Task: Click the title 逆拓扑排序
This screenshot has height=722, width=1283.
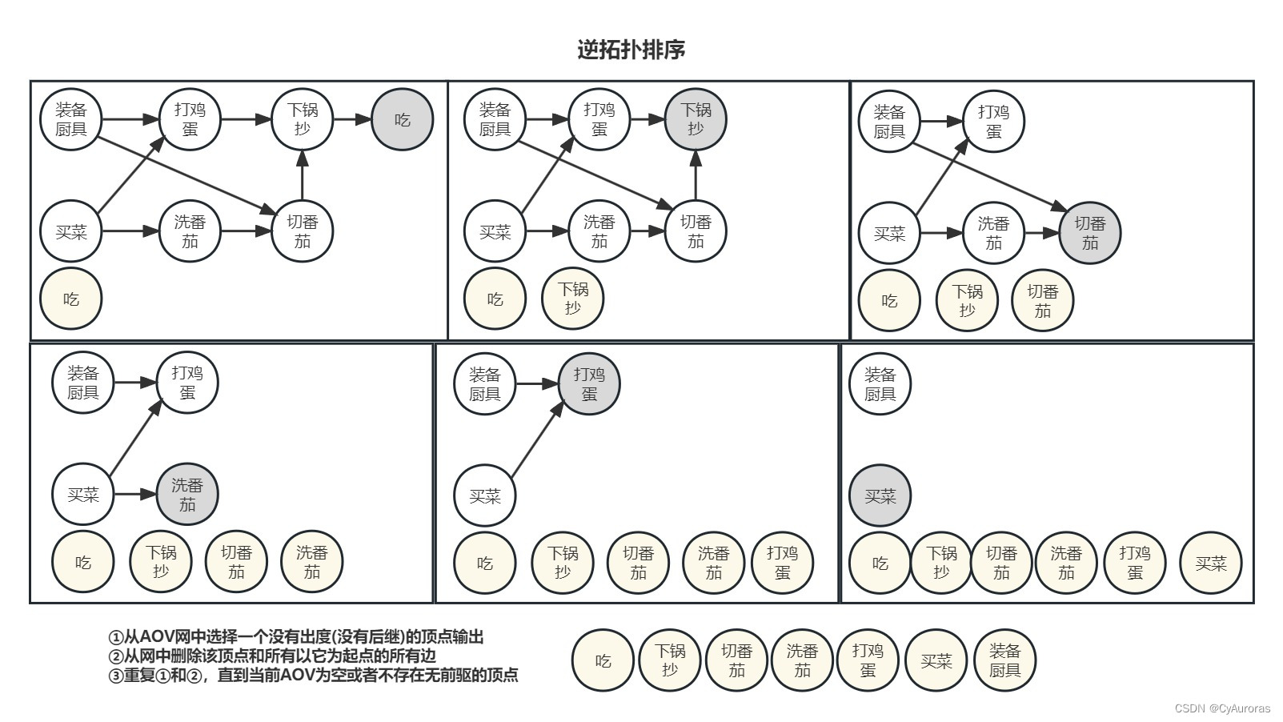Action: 631,50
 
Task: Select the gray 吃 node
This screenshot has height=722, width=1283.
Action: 402,120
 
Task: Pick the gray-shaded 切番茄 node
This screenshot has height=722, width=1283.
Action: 1089,233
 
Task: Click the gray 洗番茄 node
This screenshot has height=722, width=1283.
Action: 187,495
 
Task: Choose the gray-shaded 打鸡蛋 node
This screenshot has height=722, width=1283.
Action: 589,384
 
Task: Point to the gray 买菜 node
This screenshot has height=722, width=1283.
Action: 880,496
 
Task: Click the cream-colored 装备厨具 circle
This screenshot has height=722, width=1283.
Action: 1004,661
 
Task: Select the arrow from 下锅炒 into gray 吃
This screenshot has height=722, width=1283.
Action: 352,120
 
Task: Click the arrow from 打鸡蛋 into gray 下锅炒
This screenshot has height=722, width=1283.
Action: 648,120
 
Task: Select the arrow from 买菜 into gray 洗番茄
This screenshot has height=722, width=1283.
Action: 134,495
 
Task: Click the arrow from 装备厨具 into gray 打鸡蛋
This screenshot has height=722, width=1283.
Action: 536,384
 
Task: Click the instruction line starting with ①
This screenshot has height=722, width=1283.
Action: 296,637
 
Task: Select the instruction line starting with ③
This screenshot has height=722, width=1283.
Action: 313,675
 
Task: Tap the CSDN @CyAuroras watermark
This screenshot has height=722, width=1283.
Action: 1222,708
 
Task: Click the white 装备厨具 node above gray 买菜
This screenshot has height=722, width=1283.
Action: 880,384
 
